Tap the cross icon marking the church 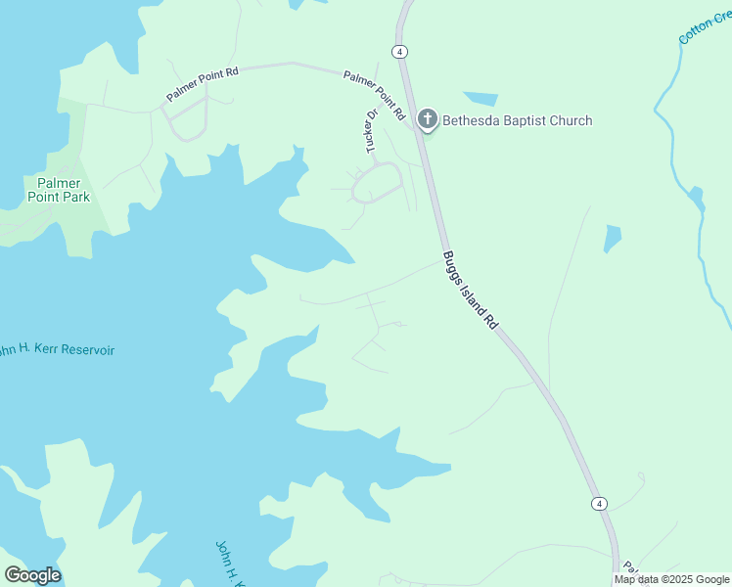[x=427, y=120]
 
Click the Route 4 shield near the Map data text [x=599, y=503]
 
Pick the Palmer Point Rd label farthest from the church [x=203, y=84]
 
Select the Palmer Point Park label [x=63, y=190]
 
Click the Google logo [x=32, y=575]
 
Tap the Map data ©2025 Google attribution [x=672, y=579]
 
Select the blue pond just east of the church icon [x=480, y=98]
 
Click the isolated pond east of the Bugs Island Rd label [x=613, y=238]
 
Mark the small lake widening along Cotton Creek [x=696, y=199]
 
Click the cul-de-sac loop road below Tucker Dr [x=377, y=183]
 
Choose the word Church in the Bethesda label [x=570, y=121]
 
